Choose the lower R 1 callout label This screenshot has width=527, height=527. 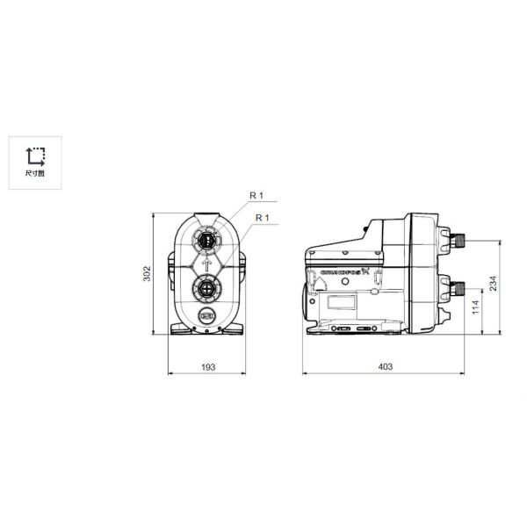pos(261,217)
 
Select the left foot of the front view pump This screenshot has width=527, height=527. pos(180,329)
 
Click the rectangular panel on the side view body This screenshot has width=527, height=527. pos(343,304)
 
